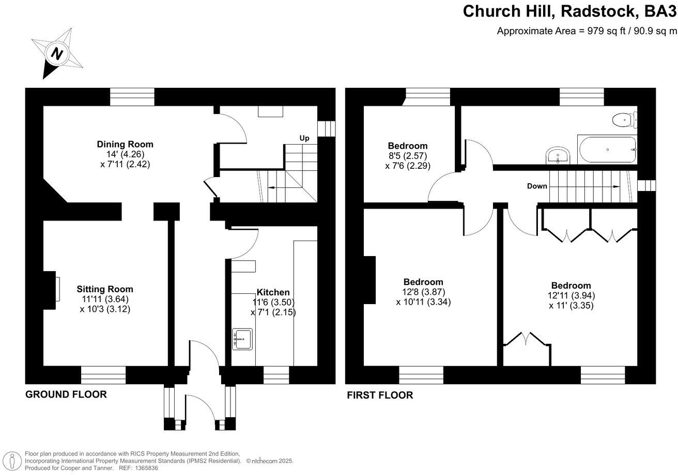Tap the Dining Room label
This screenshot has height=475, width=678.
click(125, 145)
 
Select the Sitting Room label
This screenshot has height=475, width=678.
click(105, 289)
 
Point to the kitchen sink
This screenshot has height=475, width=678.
click(242, 339)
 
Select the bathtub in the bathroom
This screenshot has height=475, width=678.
click(607, 150)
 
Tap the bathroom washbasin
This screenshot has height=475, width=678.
click(557, 155)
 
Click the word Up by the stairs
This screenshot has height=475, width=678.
click(304, 138)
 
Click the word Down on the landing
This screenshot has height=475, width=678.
click(537, 186)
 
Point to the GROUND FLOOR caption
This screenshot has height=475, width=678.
click(66, 395)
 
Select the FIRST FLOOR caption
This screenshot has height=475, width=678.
click(380, 396)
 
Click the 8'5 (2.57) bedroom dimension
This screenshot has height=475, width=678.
click(408, 156)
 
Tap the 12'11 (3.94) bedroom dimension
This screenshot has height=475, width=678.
click(571, 296)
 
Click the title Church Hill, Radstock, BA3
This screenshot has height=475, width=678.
click(569, 11)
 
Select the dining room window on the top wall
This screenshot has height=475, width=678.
click(132, 97)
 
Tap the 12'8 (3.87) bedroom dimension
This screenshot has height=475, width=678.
click(423, 292)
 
